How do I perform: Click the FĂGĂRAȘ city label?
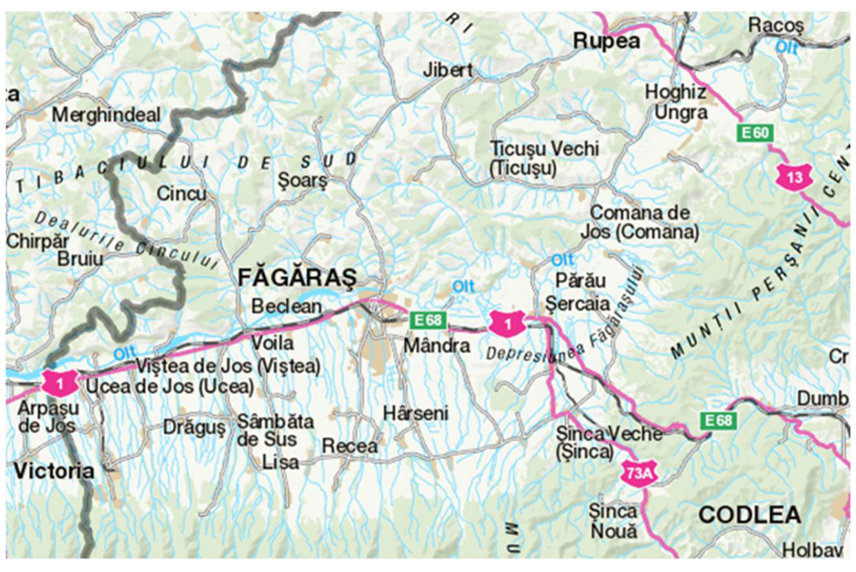click(x=297, y=278)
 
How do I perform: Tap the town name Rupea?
click(x=607, y=42)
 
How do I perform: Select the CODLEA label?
click(x=750, y=515)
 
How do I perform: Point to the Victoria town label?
click(x=54, y=471)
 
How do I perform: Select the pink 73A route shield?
click(x=635, y=473)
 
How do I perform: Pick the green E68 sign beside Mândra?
click(x=428, y=320)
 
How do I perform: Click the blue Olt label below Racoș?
click(x=786, y=47)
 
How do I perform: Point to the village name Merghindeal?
click(x=106, y=114)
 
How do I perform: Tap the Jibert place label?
click(x=448, y=70)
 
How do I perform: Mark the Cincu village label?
click(x=181, y=194)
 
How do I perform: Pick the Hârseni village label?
click(x=416, y=413)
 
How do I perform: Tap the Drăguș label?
click(x=194, y=428)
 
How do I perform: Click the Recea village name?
click(x=350, y=447)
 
